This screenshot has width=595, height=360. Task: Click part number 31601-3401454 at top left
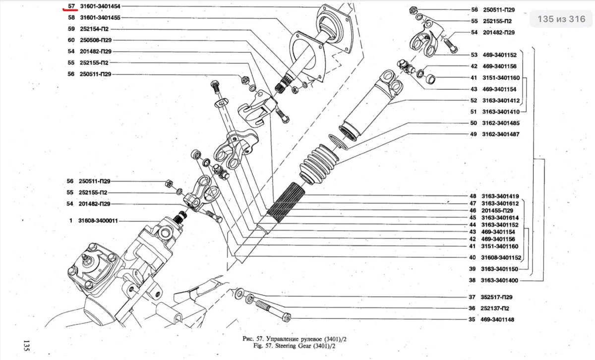tap(101, 6)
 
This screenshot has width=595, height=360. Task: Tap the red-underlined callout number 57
tap(71, 6)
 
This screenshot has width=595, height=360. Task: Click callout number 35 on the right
tap(472, 320)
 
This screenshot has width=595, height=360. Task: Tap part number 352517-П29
tap(496, 297)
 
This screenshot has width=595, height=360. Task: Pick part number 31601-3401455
tap(101, 17)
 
